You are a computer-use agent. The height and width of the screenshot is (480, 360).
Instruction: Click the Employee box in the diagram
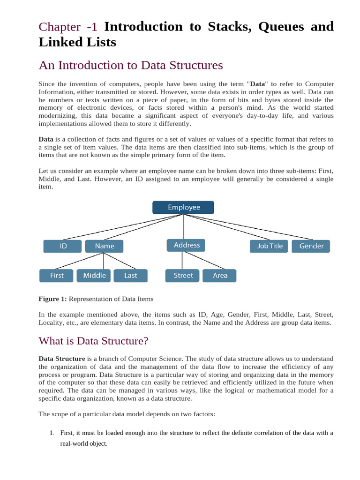183,207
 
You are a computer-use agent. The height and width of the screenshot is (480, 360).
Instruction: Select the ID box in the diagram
63,246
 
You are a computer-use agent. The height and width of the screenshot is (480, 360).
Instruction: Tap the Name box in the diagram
104,246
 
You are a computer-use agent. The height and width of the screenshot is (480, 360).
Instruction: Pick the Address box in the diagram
187,245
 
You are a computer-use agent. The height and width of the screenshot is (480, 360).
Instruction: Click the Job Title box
270,246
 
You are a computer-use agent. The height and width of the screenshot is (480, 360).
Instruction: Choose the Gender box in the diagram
311,246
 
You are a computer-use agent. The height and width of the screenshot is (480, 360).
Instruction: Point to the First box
56,276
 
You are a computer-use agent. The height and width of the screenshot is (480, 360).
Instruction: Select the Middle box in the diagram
94,276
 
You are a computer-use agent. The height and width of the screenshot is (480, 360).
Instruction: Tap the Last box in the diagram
130,276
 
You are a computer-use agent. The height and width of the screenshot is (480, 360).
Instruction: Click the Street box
183,276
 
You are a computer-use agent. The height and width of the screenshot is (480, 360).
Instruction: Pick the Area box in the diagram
219,276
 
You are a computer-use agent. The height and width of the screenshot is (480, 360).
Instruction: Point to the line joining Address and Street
183,260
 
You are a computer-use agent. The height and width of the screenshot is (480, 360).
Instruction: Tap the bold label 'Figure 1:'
52,299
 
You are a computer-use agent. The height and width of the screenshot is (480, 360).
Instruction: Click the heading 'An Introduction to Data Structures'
131,65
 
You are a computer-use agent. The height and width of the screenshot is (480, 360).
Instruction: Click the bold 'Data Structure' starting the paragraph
61,359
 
